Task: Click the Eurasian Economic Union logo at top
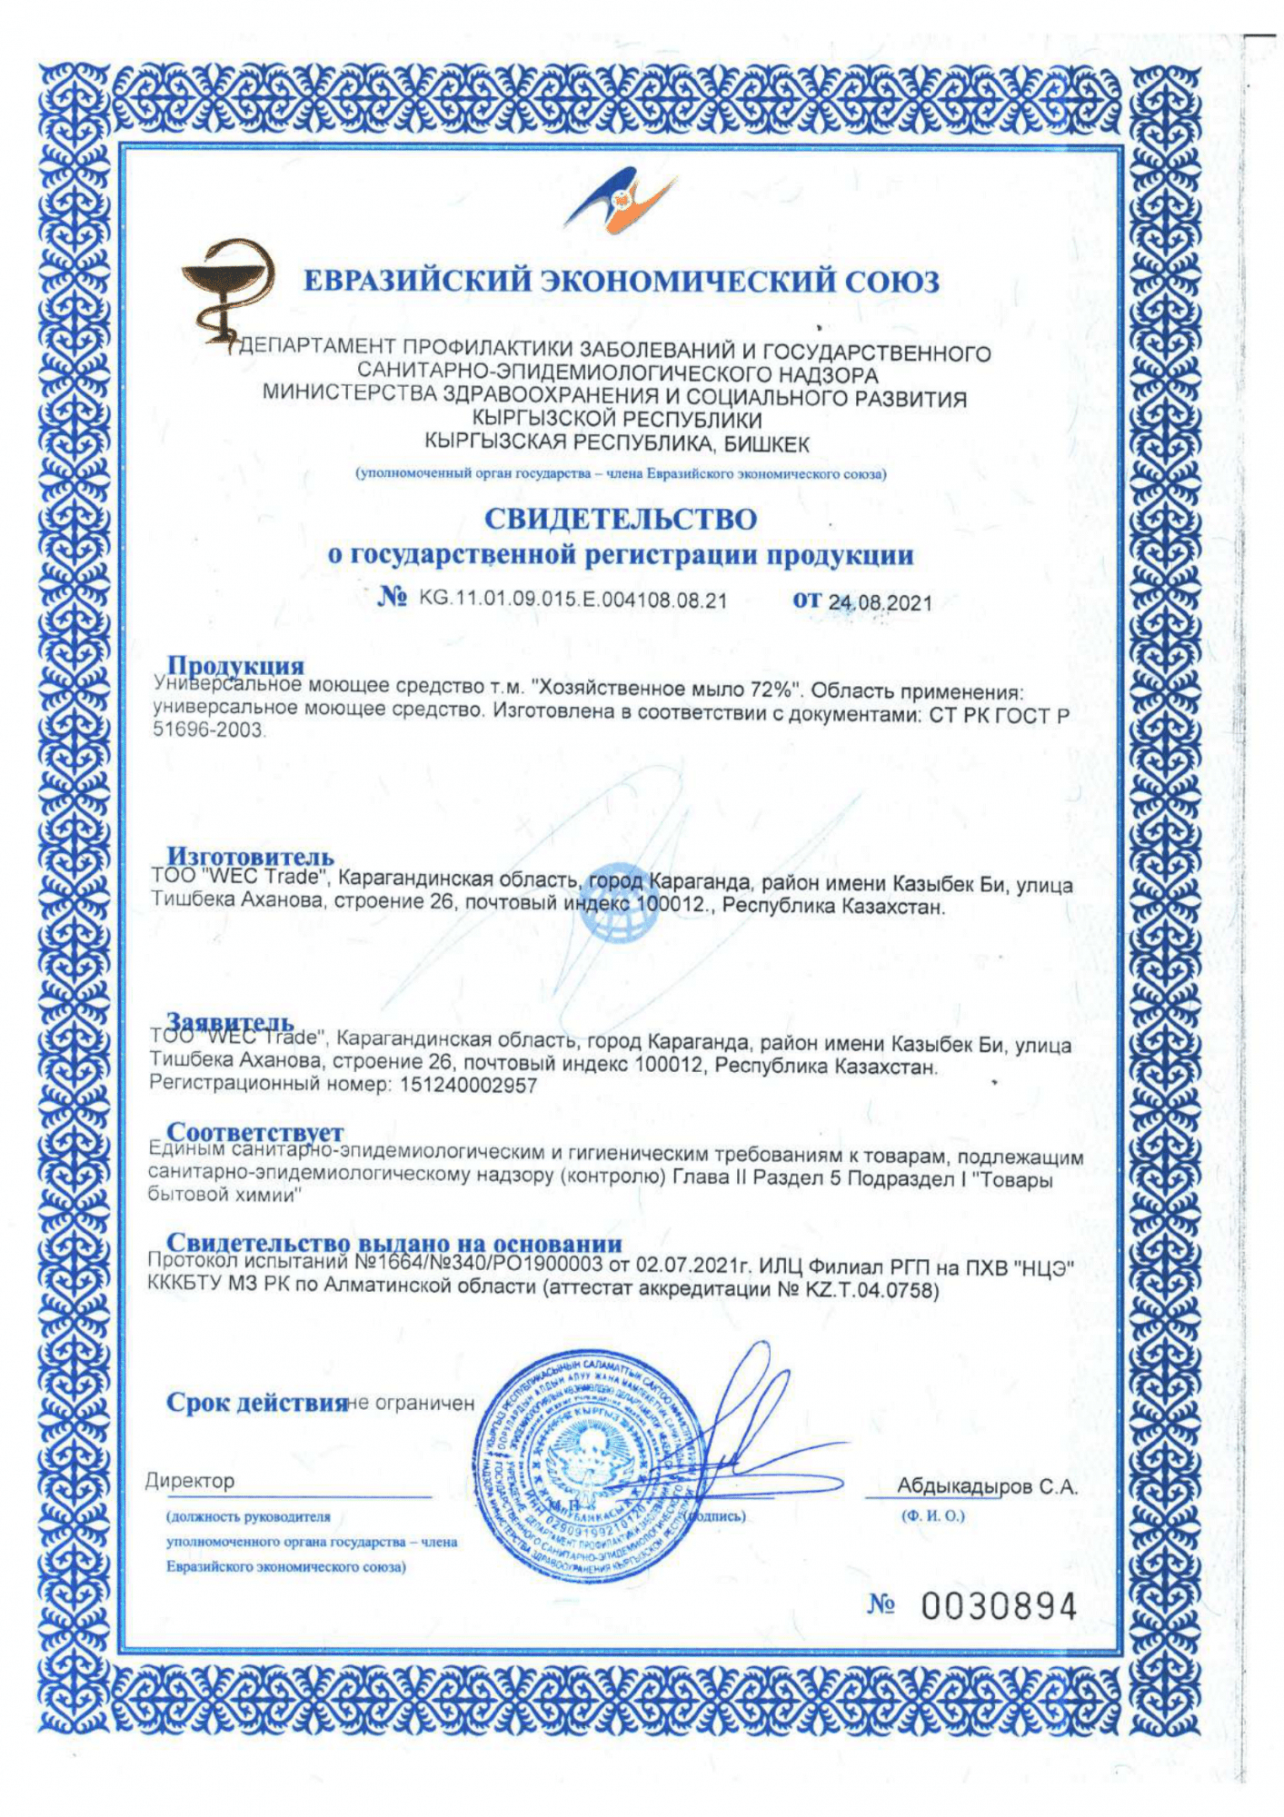pyautogui.click(x=621, y=201)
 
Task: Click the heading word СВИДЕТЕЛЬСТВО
pyautogui.click(x=620, y=520)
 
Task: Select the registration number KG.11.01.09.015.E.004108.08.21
pyautogui.click(x=572, y=600)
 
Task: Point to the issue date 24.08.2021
pyautogui.click(x=881, y=602)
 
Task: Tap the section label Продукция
pyautogui.click(x=235, y=666)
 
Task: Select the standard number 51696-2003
pyautogui.click(x=208, y=730)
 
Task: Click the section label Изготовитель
pyautogui.click(x=250, y=856)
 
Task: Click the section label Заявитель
pyautogui.click(x=230, y=1023)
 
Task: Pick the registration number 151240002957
pyautogui.click(x=468, y=1085)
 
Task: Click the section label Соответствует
pyautogui.click(x=255, y=1132)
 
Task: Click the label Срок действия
pyautogui.click(x=256, y=1403)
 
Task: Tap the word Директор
pyautogui.click(x=190, y=1481)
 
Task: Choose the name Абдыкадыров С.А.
pyautogui.click(x=986, y=1486)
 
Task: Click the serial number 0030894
pyautogui.click(x=998, y=1606)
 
